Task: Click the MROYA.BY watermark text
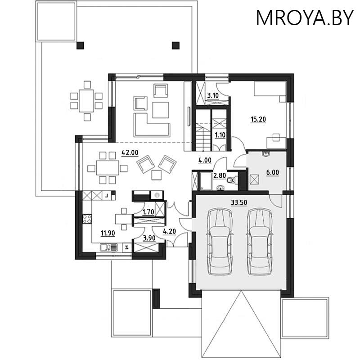[x=305, y=18]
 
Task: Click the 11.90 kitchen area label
[x=107, y=233]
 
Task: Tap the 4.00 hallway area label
[x=205, y=159]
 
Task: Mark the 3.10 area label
[x=212, y=96]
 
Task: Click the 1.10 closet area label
[x=220, y=135]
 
